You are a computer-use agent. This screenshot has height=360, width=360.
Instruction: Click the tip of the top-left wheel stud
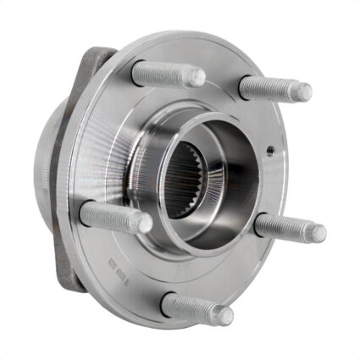[197, 79]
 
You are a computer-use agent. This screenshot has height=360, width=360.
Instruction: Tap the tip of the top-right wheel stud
[303, 91]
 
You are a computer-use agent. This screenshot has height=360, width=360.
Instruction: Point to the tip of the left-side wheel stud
[145, 224]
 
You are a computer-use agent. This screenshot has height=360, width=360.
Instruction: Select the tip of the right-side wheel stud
[318, 233]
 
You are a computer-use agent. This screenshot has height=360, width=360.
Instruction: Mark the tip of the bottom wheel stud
[224, 315]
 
